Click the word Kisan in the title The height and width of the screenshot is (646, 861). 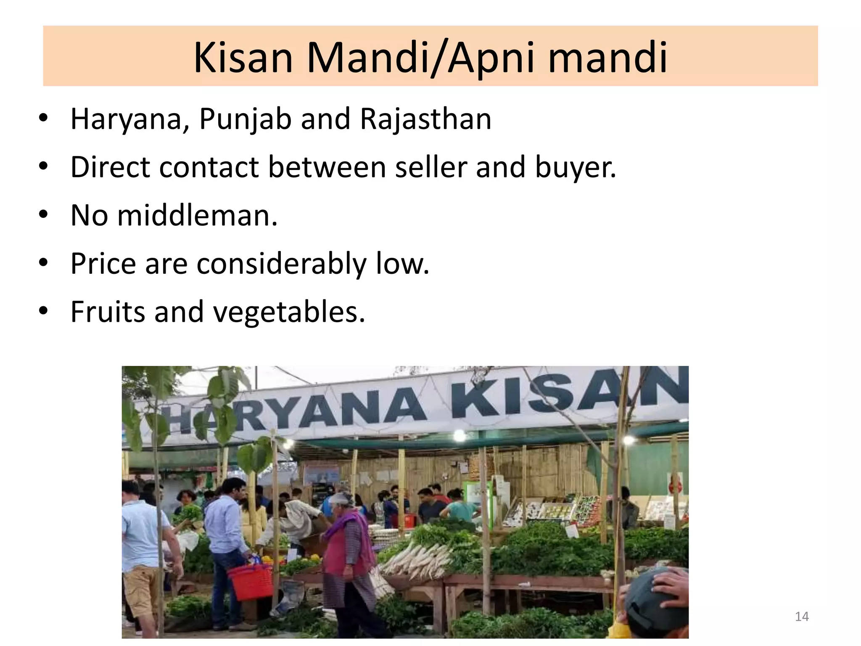[243, 58]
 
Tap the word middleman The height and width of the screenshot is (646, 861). [197, 215]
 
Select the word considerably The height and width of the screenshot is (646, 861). [281, 264]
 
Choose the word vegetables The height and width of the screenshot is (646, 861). [289, 312]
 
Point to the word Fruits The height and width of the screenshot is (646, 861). [108, 312]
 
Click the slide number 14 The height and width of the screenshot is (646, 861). [802, 617]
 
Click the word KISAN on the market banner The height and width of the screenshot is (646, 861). [568, 393]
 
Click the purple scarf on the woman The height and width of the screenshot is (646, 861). [353, 526]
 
